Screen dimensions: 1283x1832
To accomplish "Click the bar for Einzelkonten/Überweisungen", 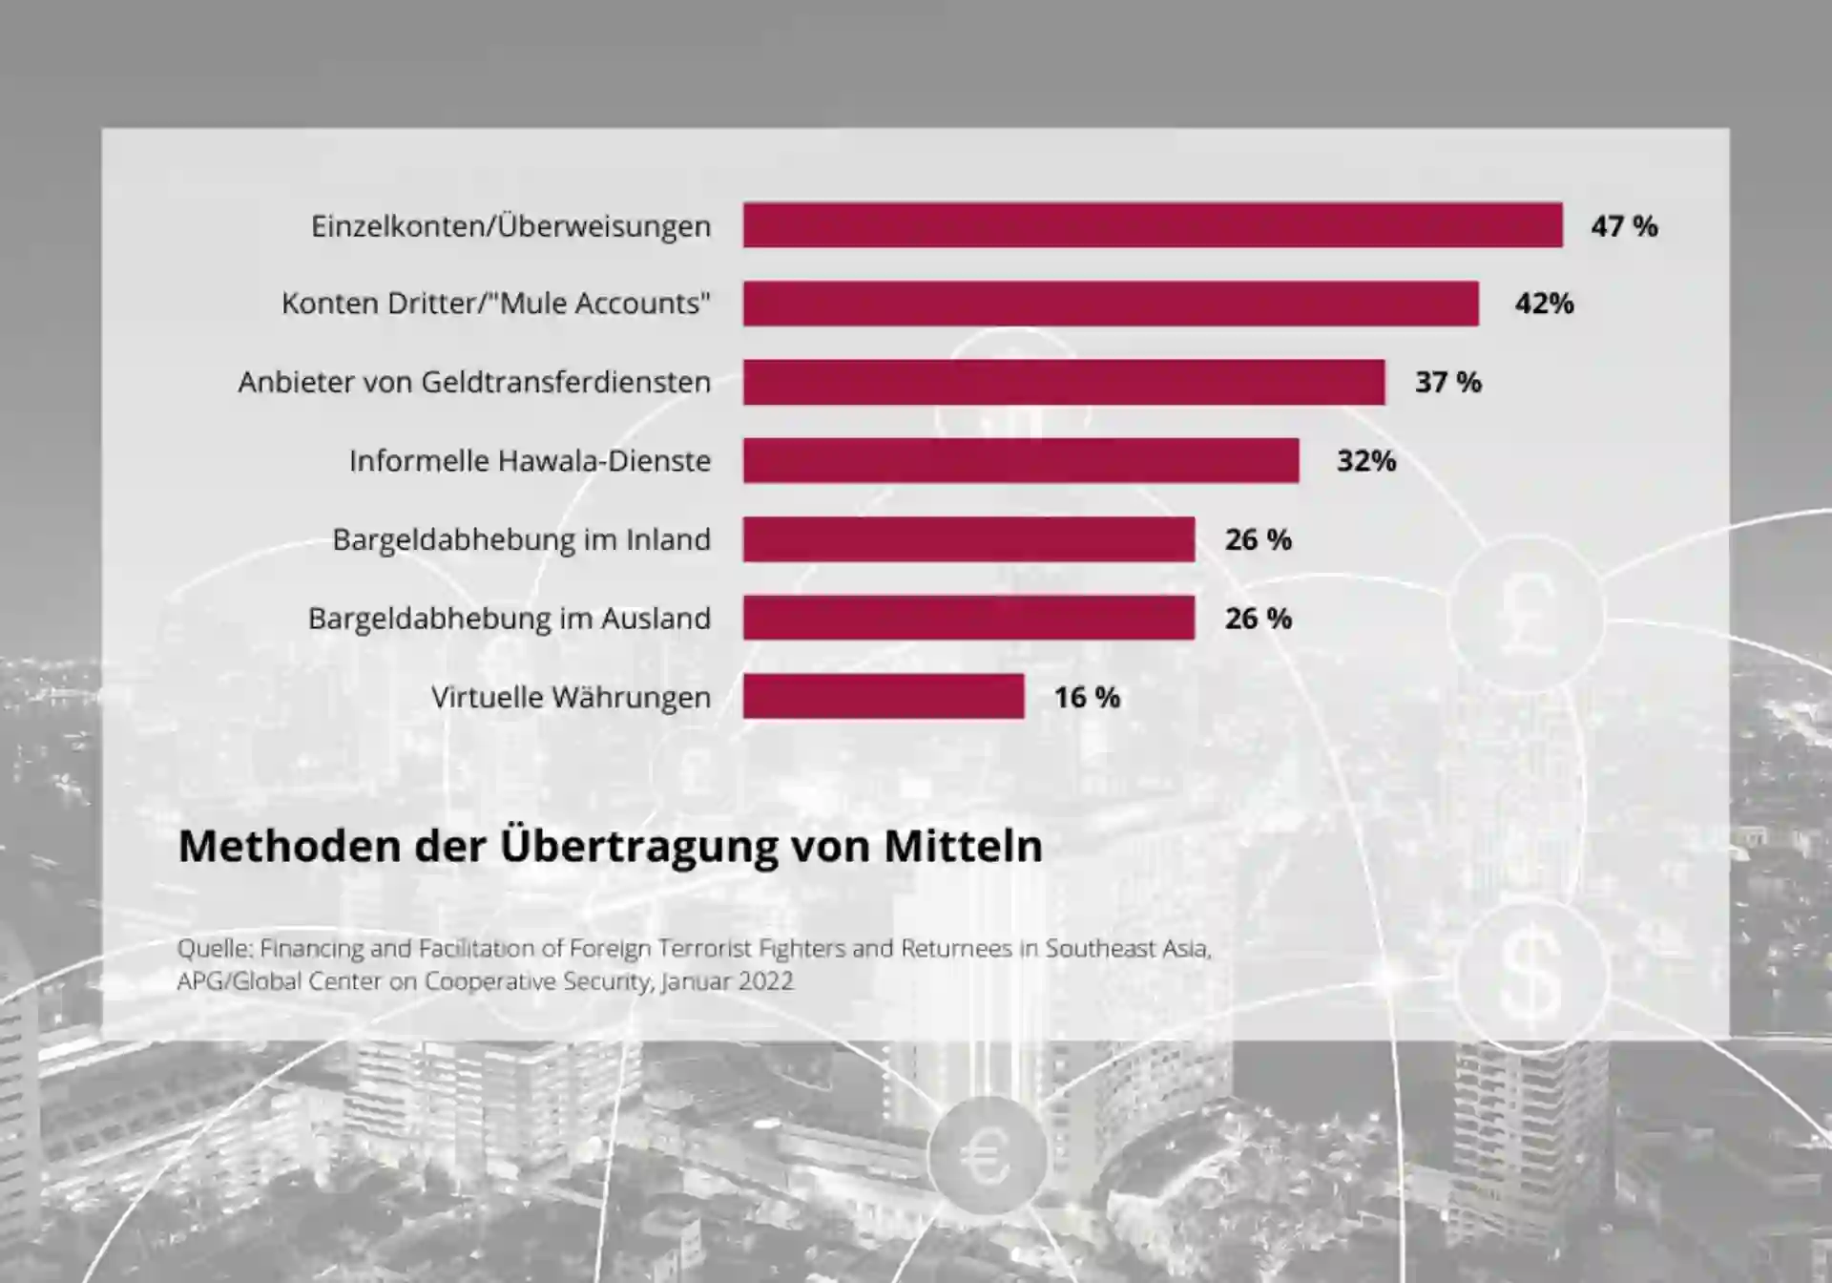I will pos(1153,225).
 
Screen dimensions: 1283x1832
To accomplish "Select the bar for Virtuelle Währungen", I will pos(884,697).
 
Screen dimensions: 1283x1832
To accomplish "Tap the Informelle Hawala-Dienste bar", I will pos(1021,461).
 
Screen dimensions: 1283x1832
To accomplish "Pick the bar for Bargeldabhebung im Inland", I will pos(968,539).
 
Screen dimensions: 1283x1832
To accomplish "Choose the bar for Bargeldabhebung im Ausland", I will pos(968,618).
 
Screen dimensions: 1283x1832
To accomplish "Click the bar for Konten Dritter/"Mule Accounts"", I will pos(1111,304).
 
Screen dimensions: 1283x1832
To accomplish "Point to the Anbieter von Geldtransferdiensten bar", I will pos(1064,382).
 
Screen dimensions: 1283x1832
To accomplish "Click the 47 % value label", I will pos(1624,226).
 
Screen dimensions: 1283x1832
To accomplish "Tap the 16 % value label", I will pos(1087,698).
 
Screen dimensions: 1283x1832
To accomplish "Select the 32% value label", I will pos(1366,461).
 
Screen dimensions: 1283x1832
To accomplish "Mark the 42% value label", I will pos(1544,304).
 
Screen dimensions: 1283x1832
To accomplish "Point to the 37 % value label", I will pos(1447,383).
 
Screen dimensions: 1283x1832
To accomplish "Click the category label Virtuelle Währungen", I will pos(571,698).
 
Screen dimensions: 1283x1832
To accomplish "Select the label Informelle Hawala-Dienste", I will pos(530,461).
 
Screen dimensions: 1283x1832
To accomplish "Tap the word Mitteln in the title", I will pos(963,847).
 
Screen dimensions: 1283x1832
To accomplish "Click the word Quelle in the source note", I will pos(214,949).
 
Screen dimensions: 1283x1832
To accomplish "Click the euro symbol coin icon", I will pos(987,1156).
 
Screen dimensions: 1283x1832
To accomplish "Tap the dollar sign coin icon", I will pos(1530,974).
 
